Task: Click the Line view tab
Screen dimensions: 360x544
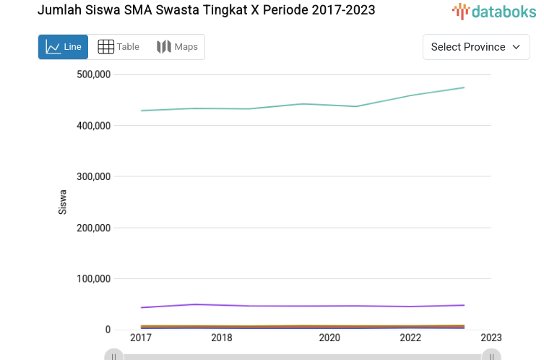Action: pos(63,47)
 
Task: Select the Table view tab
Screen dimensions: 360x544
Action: pos(118,47)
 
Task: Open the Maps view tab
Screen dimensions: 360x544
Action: pos(177,47)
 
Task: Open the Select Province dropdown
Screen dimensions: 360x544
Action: pos(475,47)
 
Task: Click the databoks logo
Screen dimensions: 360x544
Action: pos(494,11)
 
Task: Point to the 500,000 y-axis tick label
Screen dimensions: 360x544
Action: pos(93,74)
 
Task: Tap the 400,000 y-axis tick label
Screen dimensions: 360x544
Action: pos(93,126)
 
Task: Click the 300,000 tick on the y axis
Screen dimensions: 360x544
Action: pos(93,176)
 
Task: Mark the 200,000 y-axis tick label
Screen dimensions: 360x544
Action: pos(93,228)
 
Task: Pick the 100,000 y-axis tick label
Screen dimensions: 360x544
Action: pos(93,279)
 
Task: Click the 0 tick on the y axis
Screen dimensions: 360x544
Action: pos(108,330)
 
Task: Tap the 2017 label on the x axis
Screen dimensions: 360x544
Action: pos(141,338)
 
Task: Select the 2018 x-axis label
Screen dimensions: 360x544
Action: pos(222,338)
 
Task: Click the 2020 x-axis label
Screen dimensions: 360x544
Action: pos(329,338)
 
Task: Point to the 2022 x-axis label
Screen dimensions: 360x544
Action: pos(410,338)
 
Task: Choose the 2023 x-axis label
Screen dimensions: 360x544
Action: pos(491,338)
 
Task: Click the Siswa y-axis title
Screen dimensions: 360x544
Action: pos(63,202)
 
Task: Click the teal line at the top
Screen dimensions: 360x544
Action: pos(303,105)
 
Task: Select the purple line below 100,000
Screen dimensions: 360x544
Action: pos(303,306)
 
